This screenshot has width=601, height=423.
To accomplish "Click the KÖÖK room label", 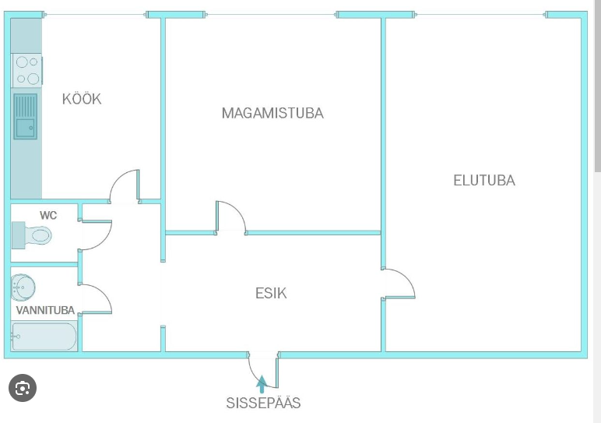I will (82, 99).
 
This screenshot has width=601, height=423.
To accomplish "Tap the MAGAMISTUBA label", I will (272, 113).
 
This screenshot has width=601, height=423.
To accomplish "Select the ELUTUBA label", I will (484, 180).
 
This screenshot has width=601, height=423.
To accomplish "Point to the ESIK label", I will (271, 293).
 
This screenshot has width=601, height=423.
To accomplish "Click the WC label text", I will (48, 214).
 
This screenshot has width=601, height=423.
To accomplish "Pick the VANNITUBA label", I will (46, 310).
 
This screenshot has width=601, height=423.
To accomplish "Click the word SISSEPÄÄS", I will (263, 403).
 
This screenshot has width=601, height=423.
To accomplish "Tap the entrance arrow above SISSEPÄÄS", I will (262, 382).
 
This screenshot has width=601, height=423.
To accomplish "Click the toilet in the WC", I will (33, 234).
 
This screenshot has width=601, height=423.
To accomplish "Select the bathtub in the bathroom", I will (44, 337).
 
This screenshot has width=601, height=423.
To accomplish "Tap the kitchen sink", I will (26, 117).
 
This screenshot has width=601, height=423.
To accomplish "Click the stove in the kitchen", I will (26, 69).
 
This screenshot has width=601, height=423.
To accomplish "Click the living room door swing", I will (399, 284).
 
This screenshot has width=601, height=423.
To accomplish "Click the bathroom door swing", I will (97, 299).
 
